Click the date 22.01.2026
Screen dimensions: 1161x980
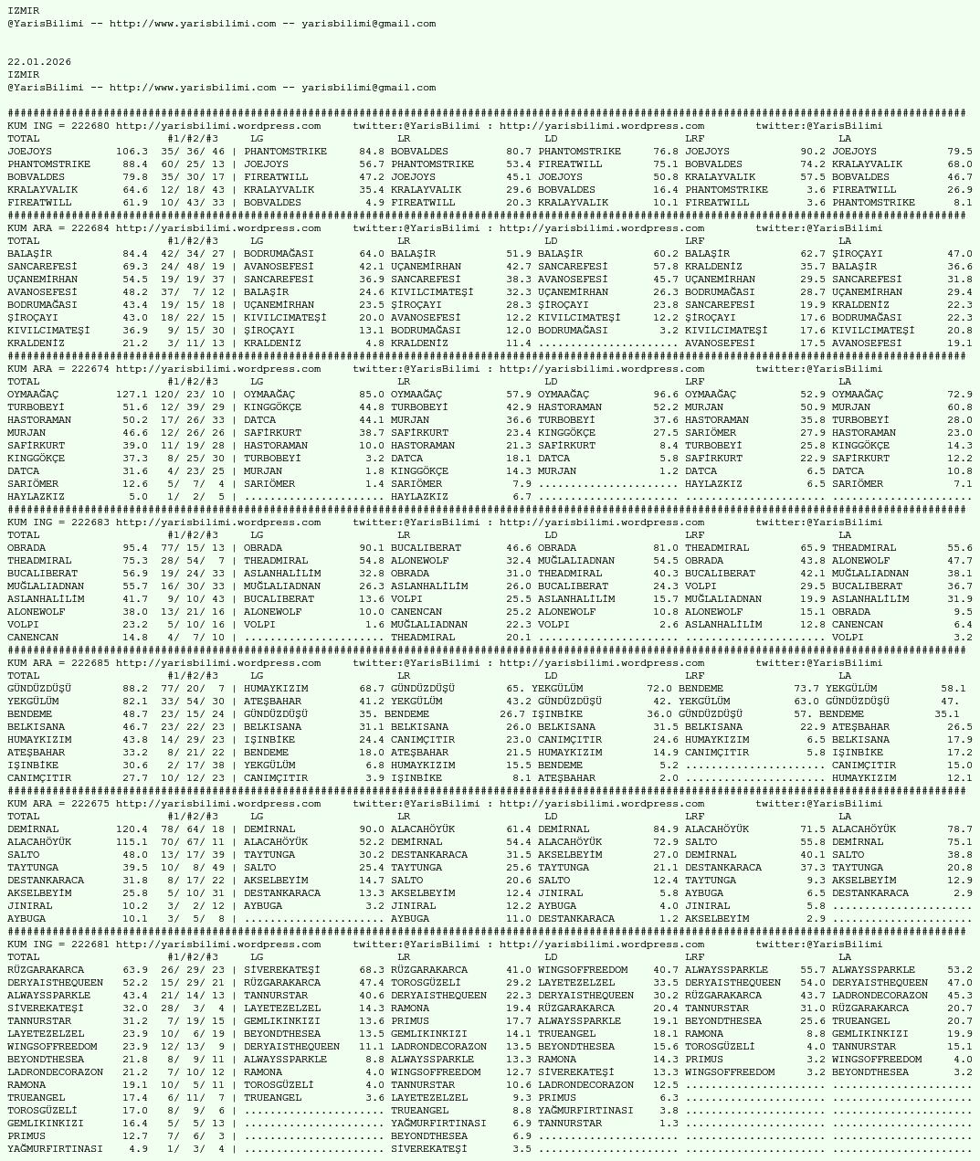tap(39, 62)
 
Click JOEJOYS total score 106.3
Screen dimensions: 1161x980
tap(132, 152)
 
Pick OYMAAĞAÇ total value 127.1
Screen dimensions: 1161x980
tap(132, 395)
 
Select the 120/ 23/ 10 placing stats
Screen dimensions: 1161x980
tap(189, 395)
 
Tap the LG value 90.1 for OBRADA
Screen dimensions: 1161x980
tap(372, 548)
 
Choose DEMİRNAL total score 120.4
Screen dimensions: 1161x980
tap(132, 829)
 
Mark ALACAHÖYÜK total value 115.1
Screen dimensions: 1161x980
tap(132, 842)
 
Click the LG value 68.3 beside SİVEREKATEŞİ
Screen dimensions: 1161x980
tap(372, 970)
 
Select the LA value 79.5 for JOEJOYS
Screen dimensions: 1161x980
tap(959, 152)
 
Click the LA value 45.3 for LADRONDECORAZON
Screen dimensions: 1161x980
tap(959, 996)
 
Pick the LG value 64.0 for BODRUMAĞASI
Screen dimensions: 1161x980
tap(372, 254)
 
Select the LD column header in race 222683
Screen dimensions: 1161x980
tap(551, 535)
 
